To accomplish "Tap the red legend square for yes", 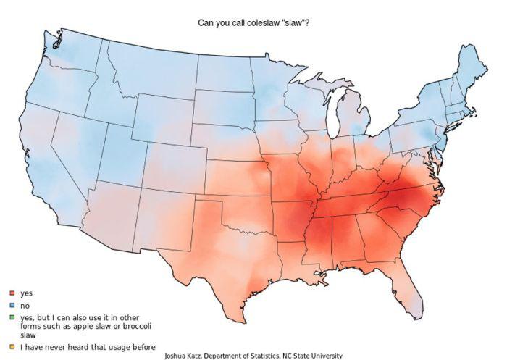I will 12,293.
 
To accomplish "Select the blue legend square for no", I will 12,306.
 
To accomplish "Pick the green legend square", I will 12,318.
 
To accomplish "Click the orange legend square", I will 12,347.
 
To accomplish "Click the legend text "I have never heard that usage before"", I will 87,347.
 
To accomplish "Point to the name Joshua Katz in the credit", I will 184,356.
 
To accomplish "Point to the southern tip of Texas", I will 238,319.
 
